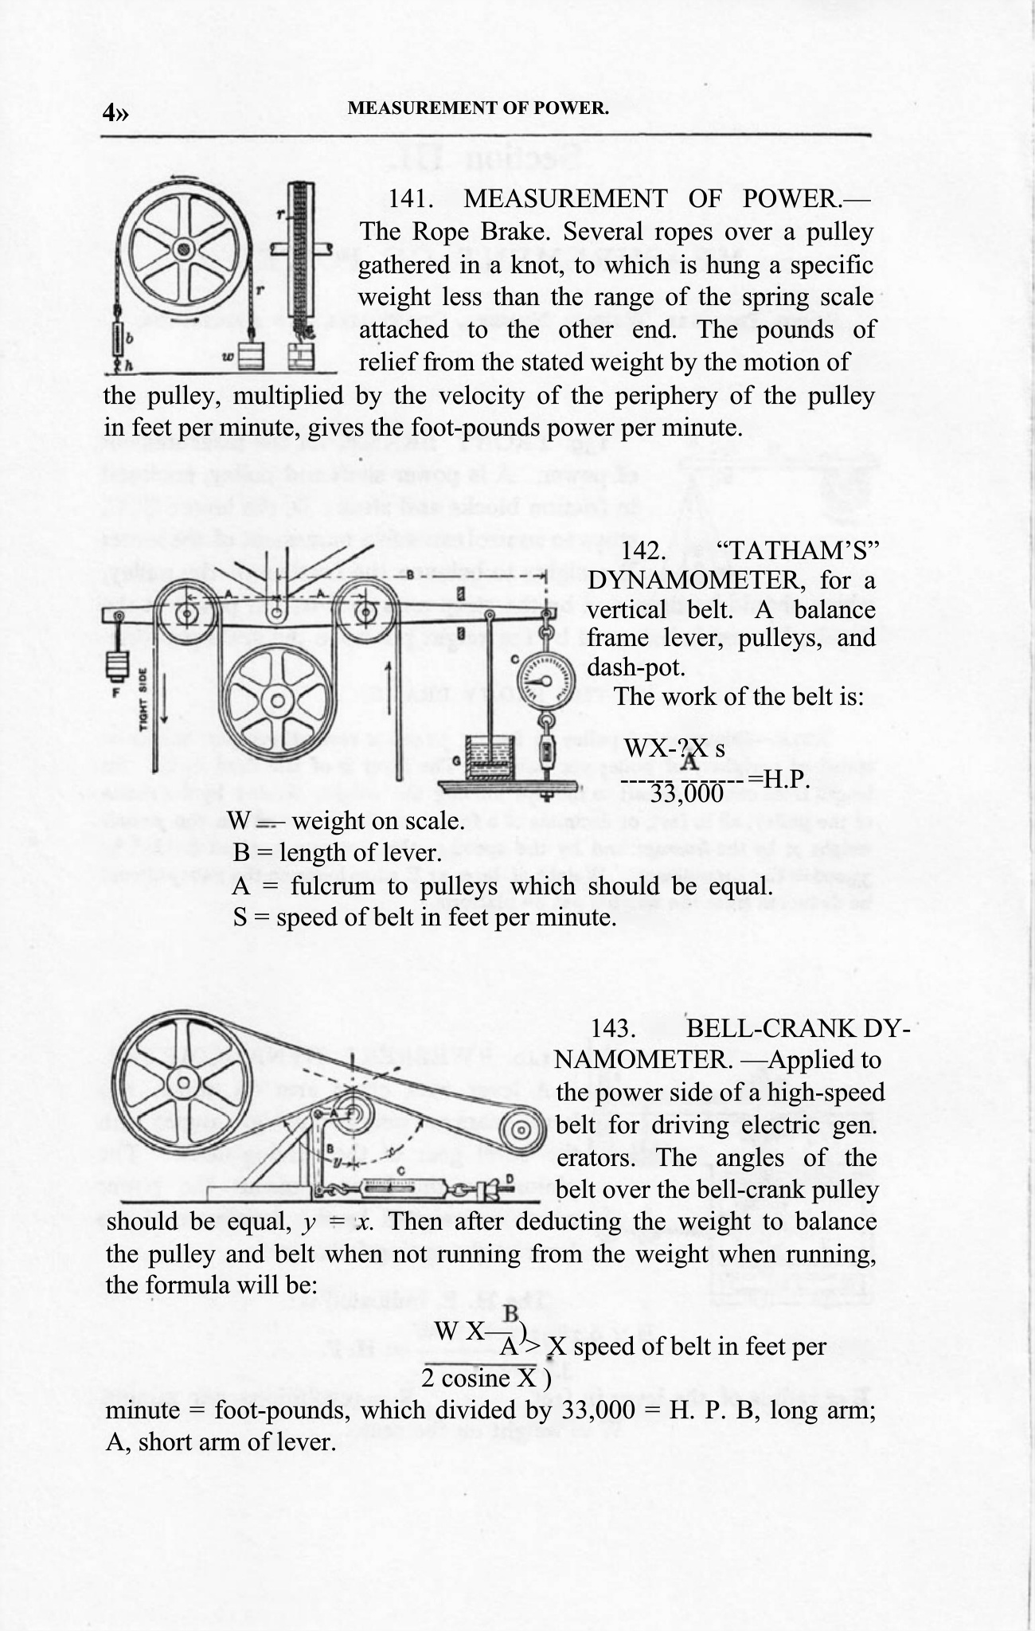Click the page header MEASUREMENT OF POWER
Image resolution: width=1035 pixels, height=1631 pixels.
[x=478, y=108]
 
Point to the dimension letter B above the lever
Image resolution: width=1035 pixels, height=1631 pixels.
[x=410, y=573]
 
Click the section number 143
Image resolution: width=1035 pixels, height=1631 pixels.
[x=612, y=1028]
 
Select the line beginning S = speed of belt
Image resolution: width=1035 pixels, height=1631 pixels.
[x=424, y=917]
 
